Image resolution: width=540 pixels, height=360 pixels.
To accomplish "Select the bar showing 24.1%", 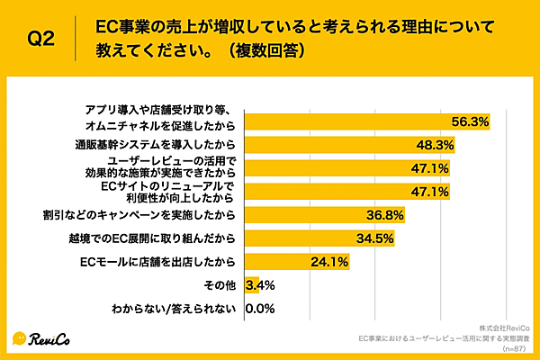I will click(x=297, y=262).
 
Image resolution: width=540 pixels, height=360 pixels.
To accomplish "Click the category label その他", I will click(x=221, y=285).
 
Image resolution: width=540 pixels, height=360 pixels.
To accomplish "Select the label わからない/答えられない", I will click(x=175, y=309).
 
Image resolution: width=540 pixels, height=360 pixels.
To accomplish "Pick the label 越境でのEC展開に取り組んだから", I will click(x=157, y=238).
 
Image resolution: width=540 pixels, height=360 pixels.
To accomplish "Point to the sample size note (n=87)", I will click(x=515, y=346).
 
